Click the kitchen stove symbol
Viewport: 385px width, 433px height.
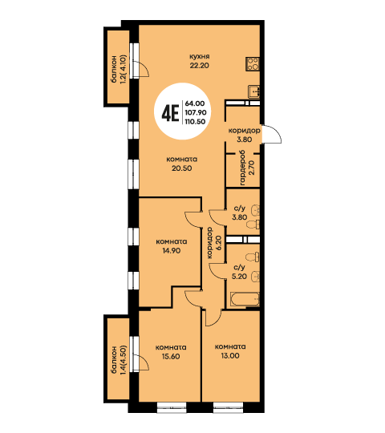pyautogui.click(x=253, y=64)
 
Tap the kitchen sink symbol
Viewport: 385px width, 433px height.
pyautogui.click(x=253, y=91)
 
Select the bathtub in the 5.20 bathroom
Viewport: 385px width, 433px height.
pyautogui.click(x=245, y=299)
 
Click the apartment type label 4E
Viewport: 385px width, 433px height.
pyautogui.click(x=170, y=113)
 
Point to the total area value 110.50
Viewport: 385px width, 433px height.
pyautogui.click(x=195, y=122)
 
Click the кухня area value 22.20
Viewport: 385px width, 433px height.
pyautogui.click(x=199, y=66)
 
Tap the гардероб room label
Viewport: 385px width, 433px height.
pyautogui.click(x=242, y=168)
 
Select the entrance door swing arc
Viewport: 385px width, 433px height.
pyautogui.click(x=273, y=134)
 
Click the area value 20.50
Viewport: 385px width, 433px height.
pyautogui.click(x=182, y=168)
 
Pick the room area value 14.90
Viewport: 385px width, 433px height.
pyautogui.click(x=172, y=250)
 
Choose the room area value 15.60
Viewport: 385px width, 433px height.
pyautogui.click(x=171, y=356)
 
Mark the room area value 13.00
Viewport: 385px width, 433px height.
pyautogui.click(x=230, y=356)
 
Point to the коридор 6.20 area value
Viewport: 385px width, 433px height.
pyautogui.click(x=219, y=243)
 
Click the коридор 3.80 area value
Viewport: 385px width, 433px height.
pyautogui.click(x=244, y=140)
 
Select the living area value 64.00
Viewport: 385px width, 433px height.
pyautogui.click(x=195, y=103)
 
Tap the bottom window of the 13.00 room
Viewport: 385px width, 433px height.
pyautogui.click(x=228, y=407)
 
